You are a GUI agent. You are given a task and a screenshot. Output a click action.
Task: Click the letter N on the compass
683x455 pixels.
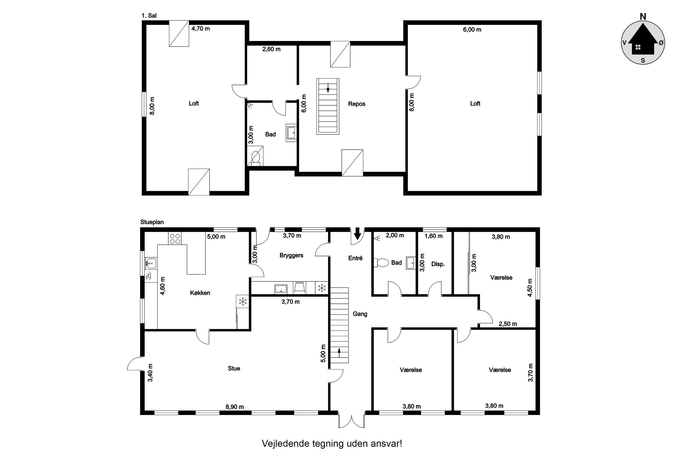643,17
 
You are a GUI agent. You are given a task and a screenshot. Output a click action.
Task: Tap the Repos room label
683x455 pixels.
356,104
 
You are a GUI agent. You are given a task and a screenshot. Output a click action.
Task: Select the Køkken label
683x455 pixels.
200,293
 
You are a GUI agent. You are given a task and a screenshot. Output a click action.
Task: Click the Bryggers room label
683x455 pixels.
291,255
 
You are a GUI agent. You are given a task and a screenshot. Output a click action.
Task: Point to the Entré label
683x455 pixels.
355,258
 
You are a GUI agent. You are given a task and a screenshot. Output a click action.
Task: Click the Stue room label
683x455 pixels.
234,368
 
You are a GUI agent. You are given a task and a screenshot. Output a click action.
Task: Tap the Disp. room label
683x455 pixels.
438,264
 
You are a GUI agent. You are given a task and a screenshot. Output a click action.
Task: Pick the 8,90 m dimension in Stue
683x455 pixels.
235,407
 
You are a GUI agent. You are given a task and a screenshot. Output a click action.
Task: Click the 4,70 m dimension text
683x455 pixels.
201,29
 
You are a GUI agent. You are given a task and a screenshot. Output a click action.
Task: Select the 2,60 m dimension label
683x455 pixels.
271,49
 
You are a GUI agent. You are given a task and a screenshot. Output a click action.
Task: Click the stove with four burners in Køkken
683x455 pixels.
174,238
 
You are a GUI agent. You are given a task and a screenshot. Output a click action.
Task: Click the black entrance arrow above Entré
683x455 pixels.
357,233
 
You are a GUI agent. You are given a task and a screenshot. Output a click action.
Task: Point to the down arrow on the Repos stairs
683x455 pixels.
328,88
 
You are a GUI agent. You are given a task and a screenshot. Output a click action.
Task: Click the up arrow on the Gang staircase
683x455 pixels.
339,353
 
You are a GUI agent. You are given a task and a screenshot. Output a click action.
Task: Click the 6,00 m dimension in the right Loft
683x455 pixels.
472,30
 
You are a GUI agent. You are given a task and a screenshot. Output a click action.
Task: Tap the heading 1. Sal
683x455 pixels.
149,16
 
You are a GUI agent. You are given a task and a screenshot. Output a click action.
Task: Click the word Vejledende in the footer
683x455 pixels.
285,444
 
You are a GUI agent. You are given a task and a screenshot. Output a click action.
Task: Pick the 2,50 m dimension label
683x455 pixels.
508,324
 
